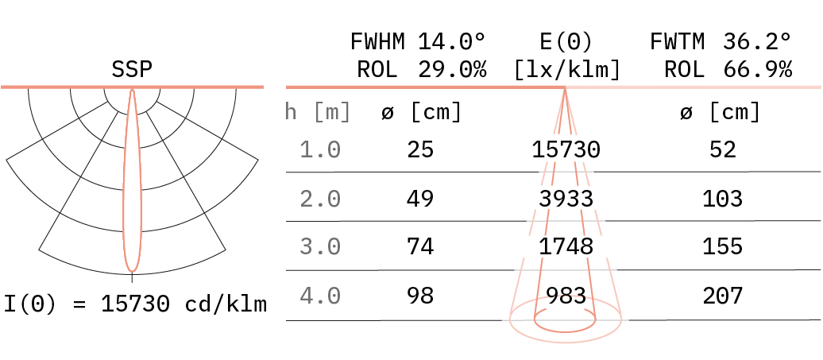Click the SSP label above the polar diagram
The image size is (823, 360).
[132, 70]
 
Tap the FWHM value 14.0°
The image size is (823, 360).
[452, 41]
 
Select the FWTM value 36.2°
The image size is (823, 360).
[757, 41]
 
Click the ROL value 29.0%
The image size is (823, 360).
[452, 70]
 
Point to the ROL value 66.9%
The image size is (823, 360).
[757, 70]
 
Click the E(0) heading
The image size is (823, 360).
[566, 41]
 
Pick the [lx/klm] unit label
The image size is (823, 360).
[566, 70]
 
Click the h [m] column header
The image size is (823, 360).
[318, 112]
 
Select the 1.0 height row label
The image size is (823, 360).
[320, 150]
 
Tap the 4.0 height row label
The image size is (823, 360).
[320, 296]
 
